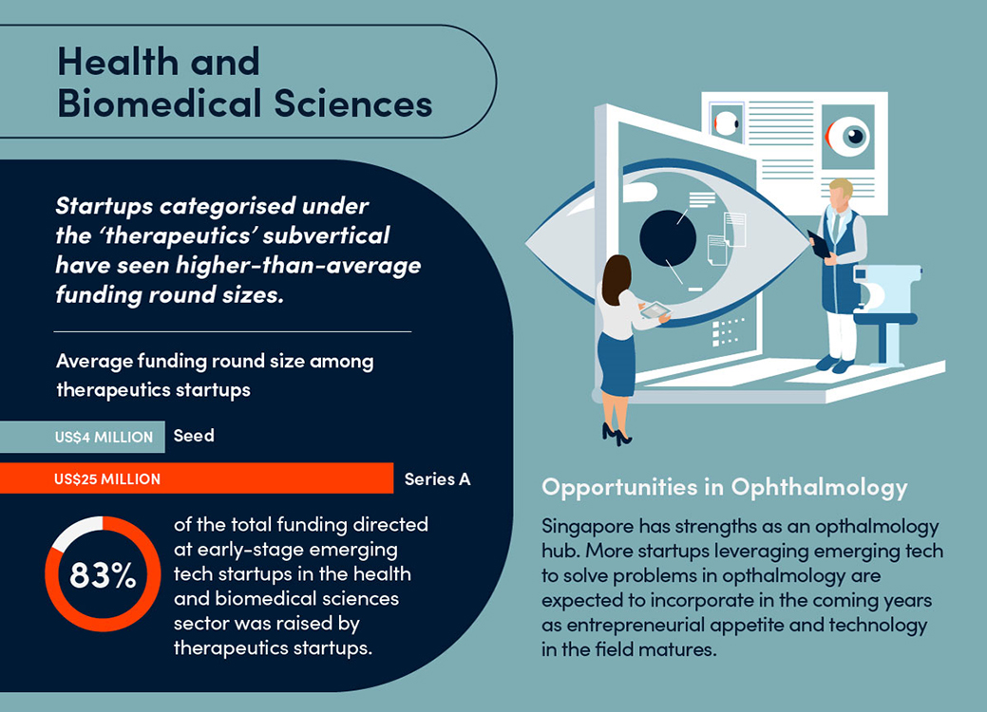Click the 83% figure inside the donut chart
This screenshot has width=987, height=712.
click(x=103, y=575)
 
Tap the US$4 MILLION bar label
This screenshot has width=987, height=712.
click(x=104, y=437)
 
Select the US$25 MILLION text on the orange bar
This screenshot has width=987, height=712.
click(x=107, y=479)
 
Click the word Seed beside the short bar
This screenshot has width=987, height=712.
click(x=194, y=435)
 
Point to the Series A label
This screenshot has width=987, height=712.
click(x=438, y=479)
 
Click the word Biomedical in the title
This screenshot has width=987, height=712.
click(x=160, y=103)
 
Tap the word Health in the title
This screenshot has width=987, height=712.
click(x=118, y=62)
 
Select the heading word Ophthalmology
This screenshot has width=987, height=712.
click(x=819, y=488)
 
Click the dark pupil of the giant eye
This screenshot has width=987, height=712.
click(x=668, y=237)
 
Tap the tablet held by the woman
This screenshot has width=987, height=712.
click(x=655, y=310)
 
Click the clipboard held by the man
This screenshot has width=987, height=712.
click(x=819, y=243)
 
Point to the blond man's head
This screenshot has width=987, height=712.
click(x=840, y=194)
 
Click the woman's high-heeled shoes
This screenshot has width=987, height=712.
click(x=617, y=434)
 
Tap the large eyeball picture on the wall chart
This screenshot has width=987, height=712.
click(x=848, y=137)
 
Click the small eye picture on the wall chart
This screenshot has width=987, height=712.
click(x=727, y=123)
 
